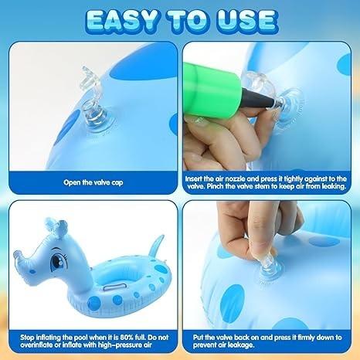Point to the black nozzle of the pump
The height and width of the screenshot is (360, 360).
tap(258, 99)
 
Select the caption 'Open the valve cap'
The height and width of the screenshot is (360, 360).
tap(93, 182)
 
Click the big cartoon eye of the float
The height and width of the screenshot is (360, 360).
tap(57, 261)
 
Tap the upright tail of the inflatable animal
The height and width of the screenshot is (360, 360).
tap(156, 246)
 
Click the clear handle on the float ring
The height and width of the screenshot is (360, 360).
tap(114, 287)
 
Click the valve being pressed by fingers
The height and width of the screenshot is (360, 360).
tap(269, 268)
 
